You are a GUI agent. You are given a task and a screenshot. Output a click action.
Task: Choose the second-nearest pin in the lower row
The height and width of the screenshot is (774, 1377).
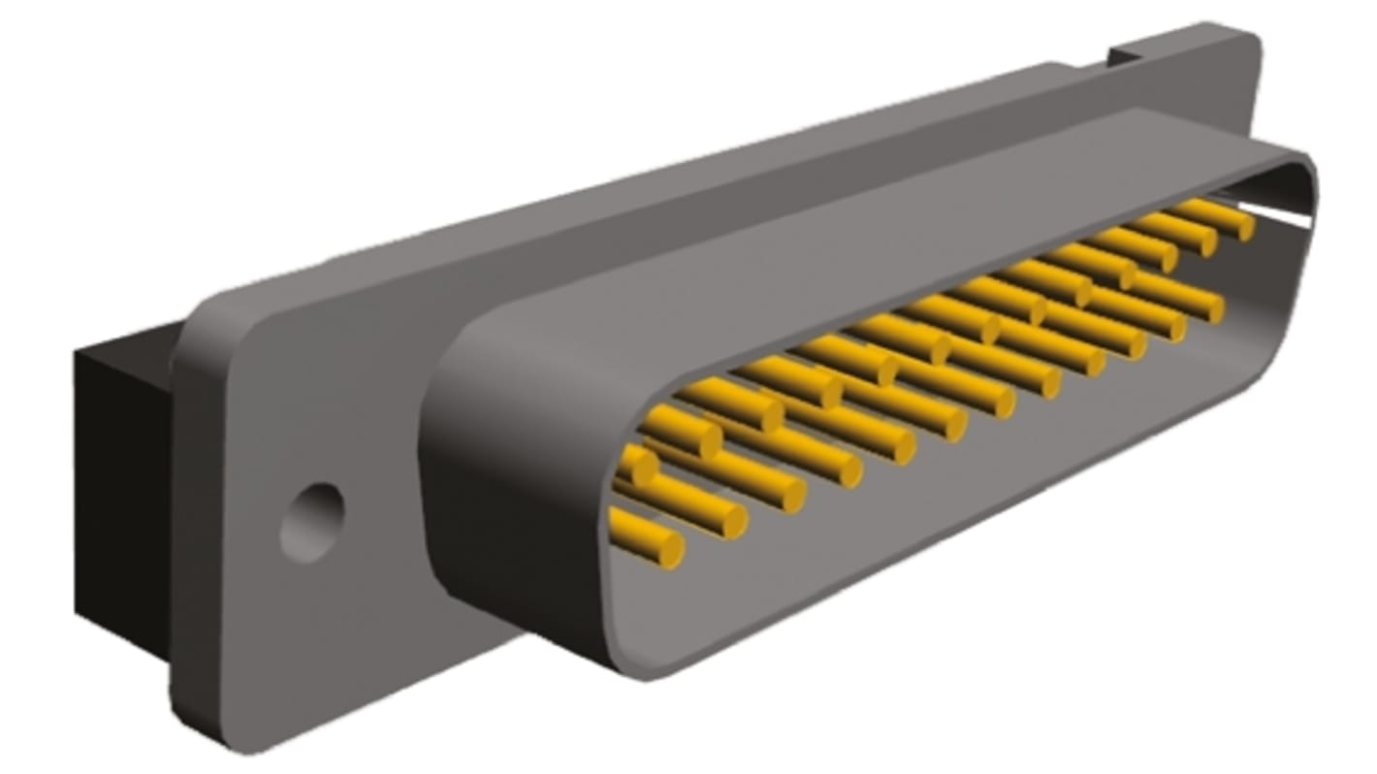pyautogui.click(x=684, y=503)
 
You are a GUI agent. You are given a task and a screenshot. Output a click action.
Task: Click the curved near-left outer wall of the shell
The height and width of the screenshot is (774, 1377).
pyautogui.click(x=504, y=485)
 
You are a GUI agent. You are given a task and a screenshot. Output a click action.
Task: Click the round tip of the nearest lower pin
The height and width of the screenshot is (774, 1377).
pyautogui.click(x=670, y=551)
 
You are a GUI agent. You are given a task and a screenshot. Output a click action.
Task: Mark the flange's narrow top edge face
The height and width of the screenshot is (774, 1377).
pyautogui.click(x=679, y=179)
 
